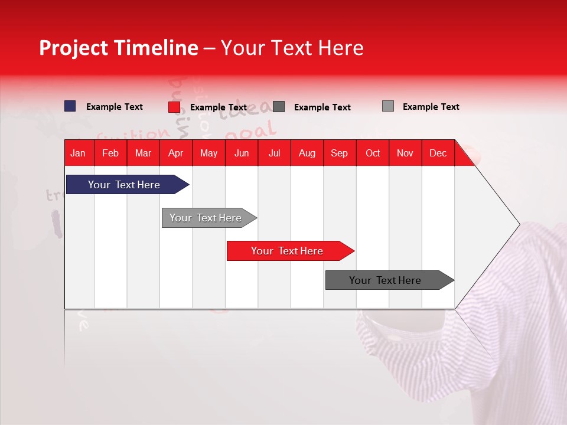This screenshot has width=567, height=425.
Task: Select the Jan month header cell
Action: coord(78,153)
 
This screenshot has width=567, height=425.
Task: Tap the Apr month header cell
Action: coord(175,153)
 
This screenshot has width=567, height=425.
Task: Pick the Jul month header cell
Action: coord(274,153)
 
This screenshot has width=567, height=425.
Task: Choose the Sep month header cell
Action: coord(339,153)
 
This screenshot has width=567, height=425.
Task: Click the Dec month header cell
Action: coord(438,153)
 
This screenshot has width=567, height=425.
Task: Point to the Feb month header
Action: coord(110,153)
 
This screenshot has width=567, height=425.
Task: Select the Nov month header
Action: coord(405,153)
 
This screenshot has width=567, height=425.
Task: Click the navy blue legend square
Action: coord(70,106)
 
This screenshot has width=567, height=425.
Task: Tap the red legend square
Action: coord(174,107)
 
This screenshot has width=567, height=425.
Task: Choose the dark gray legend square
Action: coord(279,107)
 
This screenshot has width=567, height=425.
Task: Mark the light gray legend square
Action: coord(388,106)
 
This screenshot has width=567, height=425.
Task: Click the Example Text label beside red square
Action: coord(219,107)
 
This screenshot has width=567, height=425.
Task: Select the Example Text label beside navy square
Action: coord(115,107)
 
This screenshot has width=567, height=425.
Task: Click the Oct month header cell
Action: coord(373,153)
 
